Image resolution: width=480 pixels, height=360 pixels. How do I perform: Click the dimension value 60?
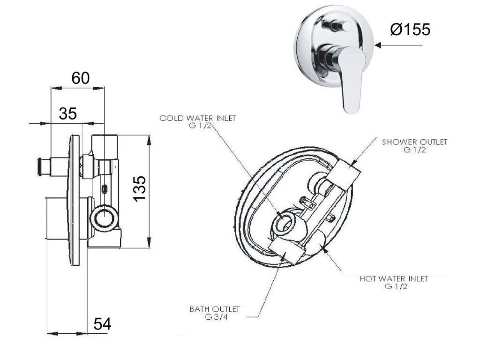tap(81, 78)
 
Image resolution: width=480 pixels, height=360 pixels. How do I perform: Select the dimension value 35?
tap(68, 114)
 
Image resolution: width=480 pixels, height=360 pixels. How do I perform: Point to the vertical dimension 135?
tap(140, 188)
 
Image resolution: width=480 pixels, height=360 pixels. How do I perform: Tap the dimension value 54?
tap(102, 324)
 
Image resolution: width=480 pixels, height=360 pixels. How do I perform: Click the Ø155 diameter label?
tap(410, 30)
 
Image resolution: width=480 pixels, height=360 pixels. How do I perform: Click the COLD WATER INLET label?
tap(198, 118)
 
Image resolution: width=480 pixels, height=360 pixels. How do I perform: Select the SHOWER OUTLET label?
tap(414, 142)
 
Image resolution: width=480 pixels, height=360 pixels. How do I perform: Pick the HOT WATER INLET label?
tap(394, 278)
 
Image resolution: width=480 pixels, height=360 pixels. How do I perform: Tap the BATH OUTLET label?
tap(215, 309)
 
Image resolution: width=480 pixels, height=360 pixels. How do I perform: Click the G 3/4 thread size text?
tap(217, 317)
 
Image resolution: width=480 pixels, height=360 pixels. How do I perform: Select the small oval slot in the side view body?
tap(105, 190)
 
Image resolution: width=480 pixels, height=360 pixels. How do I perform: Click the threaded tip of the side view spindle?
tap(39, 167)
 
